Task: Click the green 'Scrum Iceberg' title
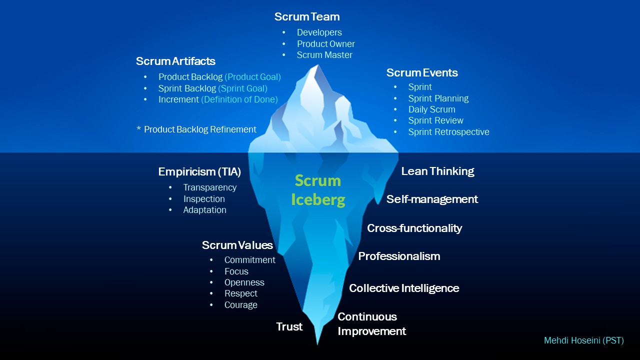tap(318, 190)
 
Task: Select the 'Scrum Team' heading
tap(307, 17)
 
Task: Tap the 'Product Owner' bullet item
tap(325, 44)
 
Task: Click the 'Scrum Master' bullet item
tap(324, 55)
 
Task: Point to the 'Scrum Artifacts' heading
tap(175, 61)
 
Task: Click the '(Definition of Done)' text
tap(239, 99)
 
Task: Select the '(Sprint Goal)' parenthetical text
tap(243, 88)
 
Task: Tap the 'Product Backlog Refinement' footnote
tap(200, 129)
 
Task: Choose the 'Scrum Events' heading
tap(422, 73)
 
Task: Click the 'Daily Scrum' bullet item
tap(431, 109)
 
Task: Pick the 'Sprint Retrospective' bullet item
tap(448, 132)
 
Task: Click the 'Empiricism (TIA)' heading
tap(199, 172)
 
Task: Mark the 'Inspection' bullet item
tap(204, 199)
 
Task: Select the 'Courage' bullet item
tap(240, 305)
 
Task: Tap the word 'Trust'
tap(289, 327)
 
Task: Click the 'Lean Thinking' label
tap(437, 171)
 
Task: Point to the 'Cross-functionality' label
tap(414, 228)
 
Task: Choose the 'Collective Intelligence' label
tap(404, 288)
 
